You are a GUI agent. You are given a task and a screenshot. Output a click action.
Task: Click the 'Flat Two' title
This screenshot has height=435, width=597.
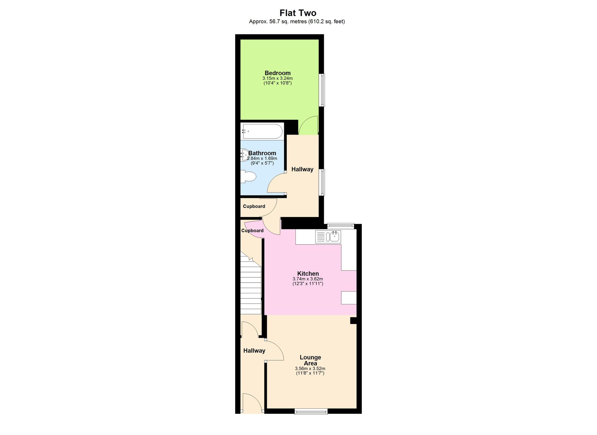coord(298,13)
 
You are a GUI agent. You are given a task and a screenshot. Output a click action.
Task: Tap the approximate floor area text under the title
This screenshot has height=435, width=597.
coord(297,22)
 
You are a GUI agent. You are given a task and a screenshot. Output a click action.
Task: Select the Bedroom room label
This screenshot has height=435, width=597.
coord(278,73)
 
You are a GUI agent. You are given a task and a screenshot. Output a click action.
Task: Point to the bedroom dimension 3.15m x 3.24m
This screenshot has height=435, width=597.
coord(278,78)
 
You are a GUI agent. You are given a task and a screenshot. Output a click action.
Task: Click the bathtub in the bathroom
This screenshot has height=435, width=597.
coord(262,132)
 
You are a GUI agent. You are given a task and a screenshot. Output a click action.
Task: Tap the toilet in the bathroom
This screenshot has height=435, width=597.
coord(248,177)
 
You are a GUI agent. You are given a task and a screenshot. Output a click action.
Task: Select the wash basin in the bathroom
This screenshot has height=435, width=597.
coord(244,155)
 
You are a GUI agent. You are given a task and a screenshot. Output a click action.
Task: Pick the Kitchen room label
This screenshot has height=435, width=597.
coord(308,274)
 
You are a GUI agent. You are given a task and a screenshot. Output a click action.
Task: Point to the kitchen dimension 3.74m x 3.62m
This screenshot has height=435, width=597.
coord(308,279)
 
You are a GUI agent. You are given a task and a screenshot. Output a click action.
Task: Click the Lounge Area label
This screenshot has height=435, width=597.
coord(310,360)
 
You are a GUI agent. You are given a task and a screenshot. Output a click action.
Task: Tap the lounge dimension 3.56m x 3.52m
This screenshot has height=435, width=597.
coord(310,369)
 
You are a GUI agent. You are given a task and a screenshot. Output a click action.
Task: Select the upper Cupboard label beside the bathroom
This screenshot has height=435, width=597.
coord(254,206)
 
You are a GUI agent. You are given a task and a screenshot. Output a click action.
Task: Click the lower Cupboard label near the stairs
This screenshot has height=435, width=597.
coord(252,231)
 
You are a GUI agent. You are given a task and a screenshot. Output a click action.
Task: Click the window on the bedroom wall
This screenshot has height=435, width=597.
coord(322,90)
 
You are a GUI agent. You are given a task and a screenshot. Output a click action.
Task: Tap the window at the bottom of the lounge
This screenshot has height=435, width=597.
coord(311,412)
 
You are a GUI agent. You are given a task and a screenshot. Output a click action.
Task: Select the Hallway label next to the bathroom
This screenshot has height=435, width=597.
coord(302,169)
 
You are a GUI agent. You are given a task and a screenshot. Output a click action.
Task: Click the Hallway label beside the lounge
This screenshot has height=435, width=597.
coord(254,351)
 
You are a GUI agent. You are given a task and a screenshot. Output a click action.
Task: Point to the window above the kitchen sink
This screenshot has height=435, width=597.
coord(341,226)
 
